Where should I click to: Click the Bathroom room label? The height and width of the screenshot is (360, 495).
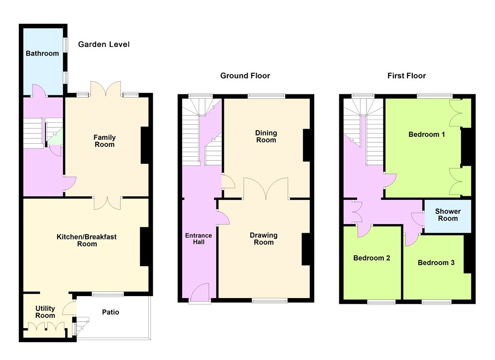[43, 53]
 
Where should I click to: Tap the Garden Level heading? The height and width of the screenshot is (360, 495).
[104, 44]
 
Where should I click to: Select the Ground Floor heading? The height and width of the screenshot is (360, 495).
[245, 76]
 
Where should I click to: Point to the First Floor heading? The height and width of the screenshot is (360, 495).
[407, 76]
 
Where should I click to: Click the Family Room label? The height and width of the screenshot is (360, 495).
[104, 141]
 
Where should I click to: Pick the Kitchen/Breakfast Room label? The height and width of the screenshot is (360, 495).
[87, 240]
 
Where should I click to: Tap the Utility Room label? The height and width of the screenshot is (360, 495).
[45, 312]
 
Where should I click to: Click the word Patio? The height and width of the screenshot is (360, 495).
[111, 312]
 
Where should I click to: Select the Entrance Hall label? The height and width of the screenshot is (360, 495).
[199, 239]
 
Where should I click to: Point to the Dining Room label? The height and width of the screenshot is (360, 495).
[266, 136]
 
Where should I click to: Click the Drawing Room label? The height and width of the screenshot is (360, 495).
[263, 239]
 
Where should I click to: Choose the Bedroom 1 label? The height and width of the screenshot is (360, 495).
[427, 135]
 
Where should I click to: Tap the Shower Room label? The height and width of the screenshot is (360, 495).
[448, 215]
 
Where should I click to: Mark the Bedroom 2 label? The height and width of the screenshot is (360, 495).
[372, 258]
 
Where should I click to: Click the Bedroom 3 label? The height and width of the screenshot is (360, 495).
[436, 263]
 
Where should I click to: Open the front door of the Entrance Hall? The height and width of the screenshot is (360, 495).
[200, 291]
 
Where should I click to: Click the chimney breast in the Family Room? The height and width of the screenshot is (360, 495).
[145, 145]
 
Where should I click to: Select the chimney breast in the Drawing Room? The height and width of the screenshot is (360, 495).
[306, 249]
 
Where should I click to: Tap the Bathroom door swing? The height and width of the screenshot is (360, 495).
[39, 90]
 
